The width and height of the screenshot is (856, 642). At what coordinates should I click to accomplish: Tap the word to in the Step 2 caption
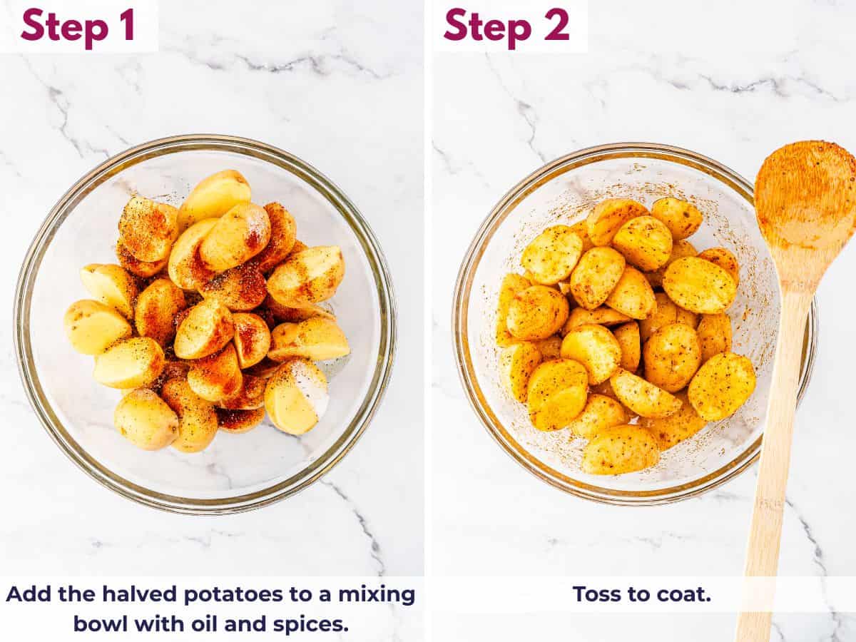[x=643, y=594]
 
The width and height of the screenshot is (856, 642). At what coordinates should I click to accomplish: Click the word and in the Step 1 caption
[x=245, y=624]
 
